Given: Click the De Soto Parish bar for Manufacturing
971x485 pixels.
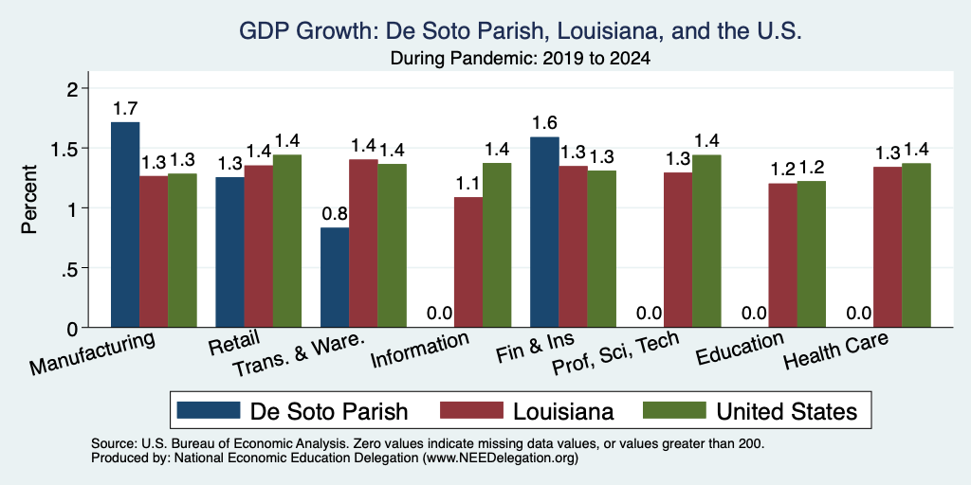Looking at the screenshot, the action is [125, 225].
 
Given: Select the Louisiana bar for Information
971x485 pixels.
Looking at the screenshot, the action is [468, 262].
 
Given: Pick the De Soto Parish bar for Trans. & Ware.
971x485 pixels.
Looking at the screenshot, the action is [335, 278].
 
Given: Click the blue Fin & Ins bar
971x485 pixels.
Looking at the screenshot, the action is [545, 232].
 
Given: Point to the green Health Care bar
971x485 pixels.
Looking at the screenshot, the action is [917, 245].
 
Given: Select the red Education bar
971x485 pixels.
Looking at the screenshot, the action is [782, 256].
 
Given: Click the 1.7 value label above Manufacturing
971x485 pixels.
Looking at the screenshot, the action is [125, 109].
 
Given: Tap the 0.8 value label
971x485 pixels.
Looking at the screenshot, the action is [335, 214].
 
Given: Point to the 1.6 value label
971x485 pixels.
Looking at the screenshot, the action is [545, 124].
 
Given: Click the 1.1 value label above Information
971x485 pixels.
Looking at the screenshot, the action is [468, 184].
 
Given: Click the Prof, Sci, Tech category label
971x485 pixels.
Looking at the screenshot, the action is [615, 354].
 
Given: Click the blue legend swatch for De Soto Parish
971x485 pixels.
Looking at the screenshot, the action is [208, 411].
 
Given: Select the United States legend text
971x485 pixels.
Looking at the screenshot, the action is [786, 411].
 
